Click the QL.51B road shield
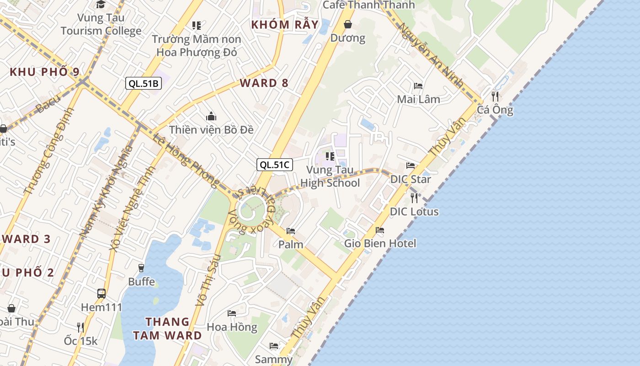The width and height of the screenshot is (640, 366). click(143, 83)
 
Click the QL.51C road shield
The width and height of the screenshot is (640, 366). click(274, 165)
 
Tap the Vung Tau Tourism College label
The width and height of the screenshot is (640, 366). click(101, 24)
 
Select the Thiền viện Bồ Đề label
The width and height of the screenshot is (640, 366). click(211, 129)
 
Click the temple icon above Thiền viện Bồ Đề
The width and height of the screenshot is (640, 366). click(211, 116)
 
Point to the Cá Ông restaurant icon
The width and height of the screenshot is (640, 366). click(495, 96)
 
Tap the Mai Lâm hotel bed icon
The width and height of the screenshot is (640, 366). click(418, 86)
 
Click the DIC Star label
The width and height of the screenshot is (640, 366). click(411, 179)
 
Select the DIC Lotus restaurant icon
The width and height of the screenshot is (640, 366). click(414, 198)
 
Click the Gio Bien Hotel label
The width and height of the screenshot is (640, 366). click(380, 243)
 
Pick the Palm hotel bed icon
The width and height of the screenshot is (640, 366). click(291, 231)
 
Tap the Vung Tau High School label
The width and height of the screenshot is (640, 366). click(330, 177)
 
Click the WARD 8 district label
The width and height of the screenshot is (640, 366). click(264, 83)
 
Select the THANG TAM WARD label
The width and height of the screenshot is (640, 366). click(167, 328)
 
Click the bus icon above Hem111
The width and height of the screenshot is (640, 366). click(101, 294)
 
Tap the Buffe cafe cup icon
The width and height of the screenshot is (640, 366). click(141, 268)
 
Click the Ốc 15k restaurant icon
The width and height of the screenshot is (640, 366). click(80, 327)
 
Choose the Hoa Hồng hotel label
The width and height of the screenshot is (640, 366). click(232, 327)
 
